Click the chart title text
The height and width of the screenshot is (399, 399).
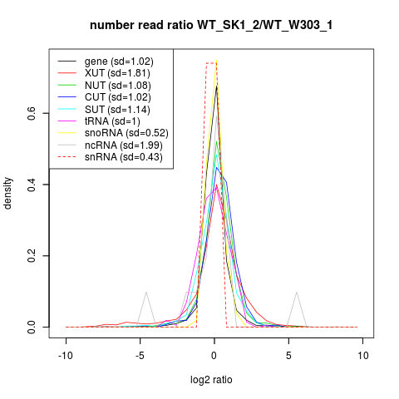point(211,26)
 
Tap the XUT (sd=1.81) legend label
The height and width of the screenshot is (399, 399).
point(117,73)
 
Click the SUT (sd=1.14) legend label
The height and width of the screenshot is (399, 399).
point(117,110)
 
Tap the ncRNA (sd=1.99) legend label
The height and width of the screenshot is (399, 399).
point(124,145)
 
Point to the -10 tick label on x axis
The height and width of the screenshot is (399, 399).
point(66,356)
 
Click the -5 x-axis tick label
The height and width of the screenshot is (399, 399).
point(140,356)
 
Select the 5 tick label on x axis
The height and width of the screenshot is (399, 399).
point(288,356)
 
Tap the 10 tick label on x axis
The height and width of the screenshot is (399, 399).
point(363,356)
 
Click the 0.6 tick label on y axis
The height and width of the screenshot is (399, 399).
point(32,113)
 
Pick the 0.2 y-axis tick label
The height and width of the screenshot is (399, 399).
point(32,256)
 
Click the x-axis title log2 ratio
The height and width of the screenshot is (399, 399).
point(211,380)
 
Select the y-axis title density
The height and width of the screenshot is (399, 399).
point(7,193)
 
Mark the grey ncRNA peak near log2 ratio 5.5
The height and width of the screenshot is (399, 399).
point(297,292)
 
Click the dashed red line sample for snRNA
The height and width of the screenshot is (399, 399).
point(66,157)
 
